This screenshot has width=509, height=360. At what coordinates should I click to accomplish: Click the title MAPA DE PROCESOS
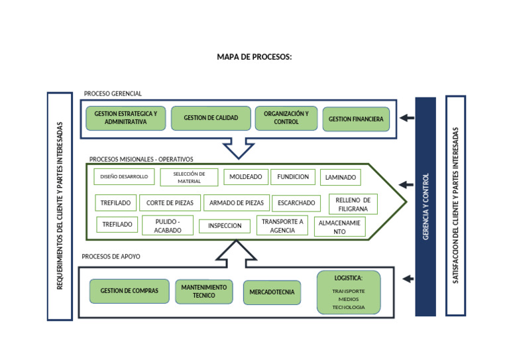tap(254, 57)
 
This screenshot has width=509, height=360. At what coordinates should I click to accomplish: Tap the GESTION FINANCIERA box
tap(356, 119)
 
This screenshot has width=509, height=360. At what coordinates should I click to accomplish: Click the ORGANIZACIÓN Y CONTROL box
tap(286, 118)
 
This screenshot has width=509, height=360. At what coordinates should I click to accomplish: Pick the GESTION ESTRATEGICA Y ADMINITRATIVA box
tap(125, 118)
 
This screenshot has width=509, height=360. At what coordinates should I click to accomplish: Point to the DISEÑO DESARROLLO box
tap(125, 177)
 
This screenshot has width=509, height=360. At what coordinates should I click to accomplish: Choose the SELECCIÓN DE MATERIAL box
tap(189, 177)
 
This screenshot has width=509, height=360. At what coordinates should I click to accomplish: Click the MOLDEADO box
tap(246, 177)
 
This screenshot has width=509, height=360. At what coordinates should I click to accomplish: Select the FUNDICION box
tap(293, 177)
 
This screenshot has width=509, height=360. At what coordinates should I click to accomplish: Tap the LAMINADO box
tap(341, 178)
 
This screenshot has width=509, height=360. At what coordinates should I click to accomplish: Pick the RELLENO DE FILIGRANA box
tap(353, 204)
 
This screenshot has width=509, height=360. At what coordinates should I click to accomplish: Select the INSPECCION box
tap(225, 226)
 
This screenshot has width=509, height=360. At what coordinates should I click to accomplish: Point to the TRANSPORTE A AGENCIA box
tap(282, 226)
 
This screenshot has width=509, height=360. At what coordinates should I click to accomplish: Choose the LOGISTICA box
tap(349, 292)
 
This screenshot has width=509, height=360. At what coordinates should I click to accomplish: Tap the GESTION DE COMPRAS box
tap(129, 291)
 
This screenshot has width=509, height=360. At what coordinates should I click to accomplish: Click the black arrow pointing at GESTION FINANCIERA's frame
tap(407, 118)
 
